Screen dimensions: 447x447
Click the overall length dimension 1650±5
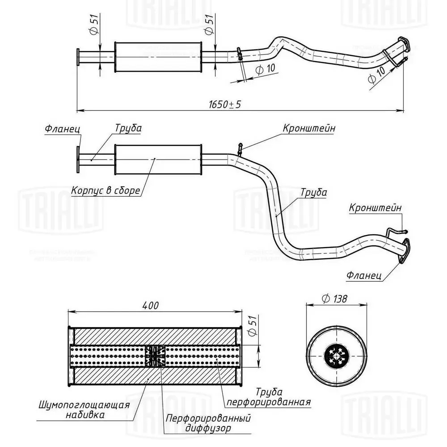pos(224,104)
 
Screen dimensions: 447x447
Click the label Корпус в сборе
pos(105,191)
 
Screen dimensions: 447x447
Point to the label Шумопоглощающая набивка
pos(84,409)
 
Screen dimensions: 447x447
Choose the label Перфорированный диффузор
pos(208,423)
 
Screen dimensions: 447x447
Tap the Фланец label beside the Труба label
pos(62,129)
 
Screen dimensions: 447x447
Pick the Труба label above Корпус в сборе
pos(128,128)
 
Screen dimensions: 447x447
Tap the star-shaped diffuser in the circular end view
pos(337,355)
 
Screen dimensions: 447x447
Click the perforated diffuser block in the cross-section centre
pos(155,356)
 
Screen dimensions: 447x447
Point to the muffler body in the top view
pos(158,57)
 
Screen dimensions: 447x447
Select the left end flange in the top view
pos(78,57)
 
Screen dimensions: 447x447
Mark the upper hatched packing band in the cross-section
pos(154,336)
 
